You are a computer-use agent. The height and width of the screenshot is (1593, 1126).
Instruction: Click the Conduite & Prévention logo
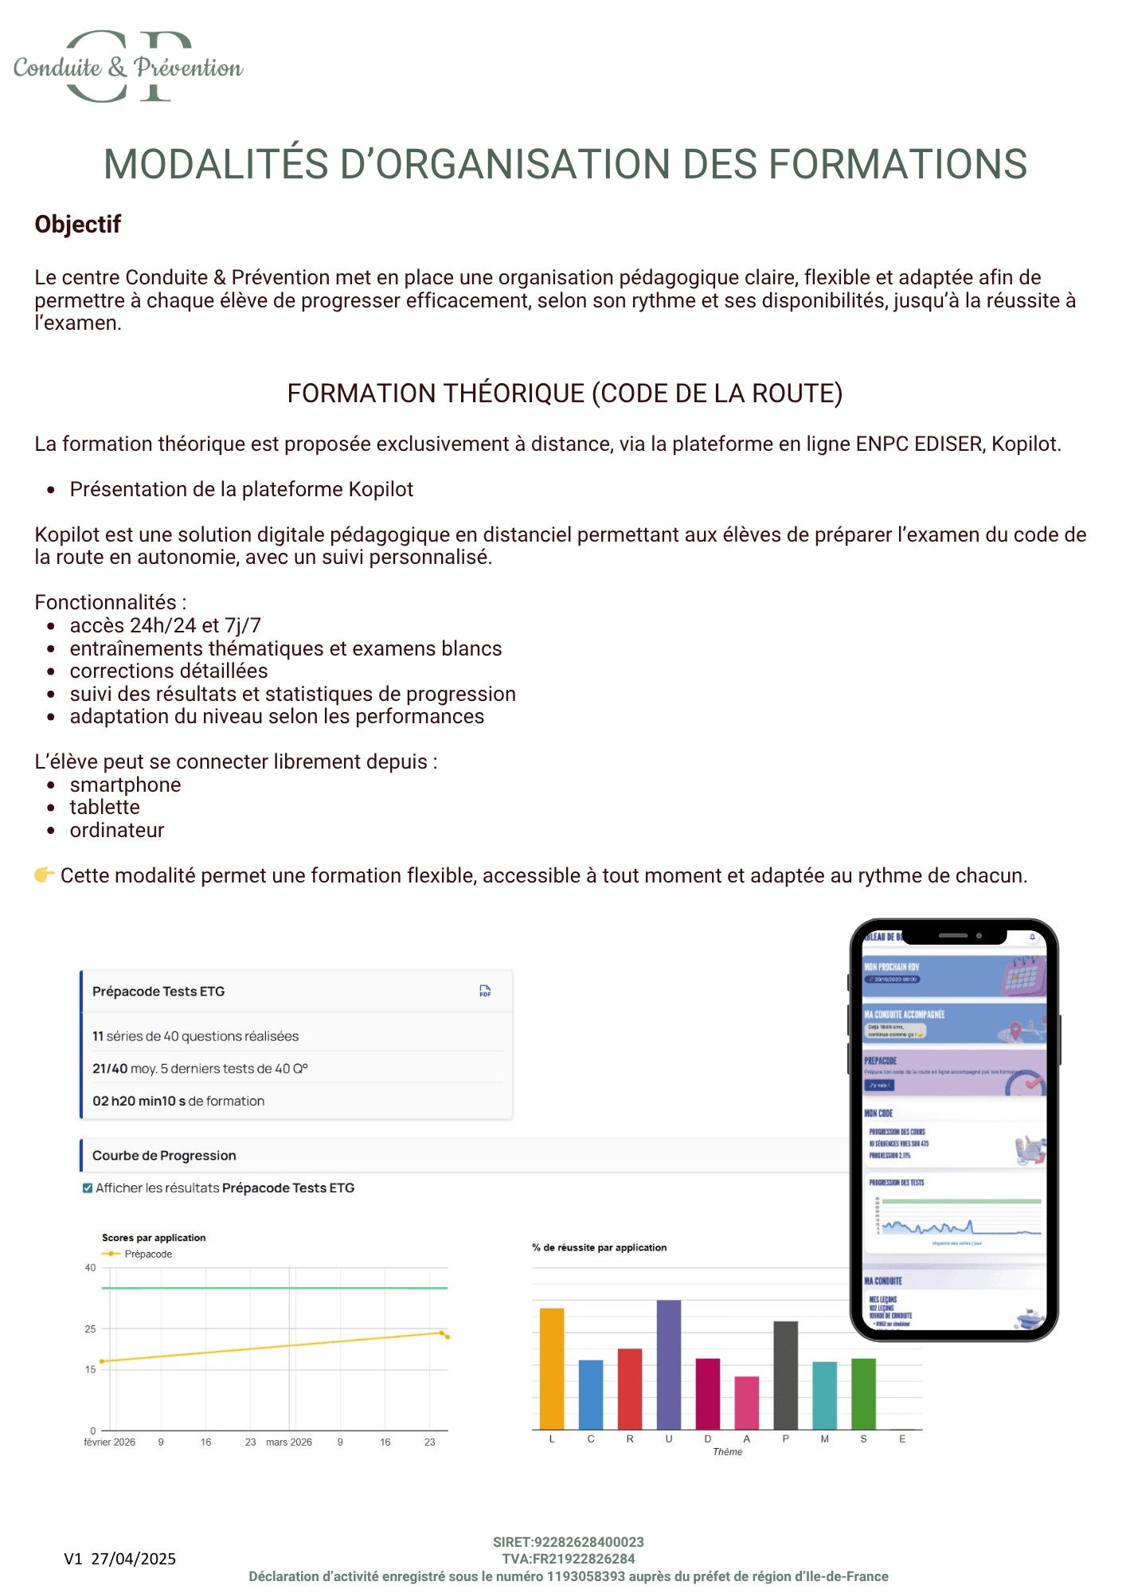(128, 67)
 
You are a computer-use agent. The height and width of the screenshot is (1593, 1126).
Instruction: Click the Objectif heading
(78, 225)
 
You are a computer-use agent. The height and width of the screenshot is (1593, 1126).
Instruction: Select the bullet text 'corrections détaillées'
(169, 671)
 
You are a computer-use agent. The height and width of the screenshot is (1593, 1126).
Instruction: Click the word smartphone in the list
(125, 785)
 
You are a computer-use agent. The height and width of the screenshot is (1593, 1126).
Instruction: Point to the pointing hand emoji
(45, 875)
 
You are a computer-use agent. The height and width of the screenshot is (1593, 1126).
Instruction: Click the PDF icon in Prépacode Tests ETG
(485, 991)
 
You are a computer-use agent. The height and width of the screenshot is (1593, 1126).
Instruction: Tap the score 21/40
(110, 1068)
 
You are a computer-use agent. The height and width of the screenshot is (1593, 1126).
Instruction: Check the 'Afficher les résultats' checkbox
(88, 1188)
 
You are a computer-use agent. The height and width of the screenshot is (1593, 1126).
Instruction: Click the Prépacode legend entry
(147, 1254)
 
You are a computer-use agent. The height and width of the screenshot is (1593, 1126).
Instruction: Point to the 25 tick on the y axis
(90, 1329)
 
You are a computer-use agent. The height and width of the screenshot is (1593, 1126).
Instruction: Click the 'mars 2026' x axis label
(288, 1442)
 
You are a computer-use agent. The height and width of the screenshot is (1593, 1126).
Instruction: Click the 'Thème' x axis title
(727, 1452)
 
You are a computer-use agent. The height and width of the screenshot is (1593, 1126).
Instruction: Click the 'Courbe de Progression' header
(164, 1156)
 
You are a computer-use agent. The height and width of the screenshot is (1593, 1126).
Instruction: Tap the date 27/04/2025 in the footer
(133, 1559)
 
